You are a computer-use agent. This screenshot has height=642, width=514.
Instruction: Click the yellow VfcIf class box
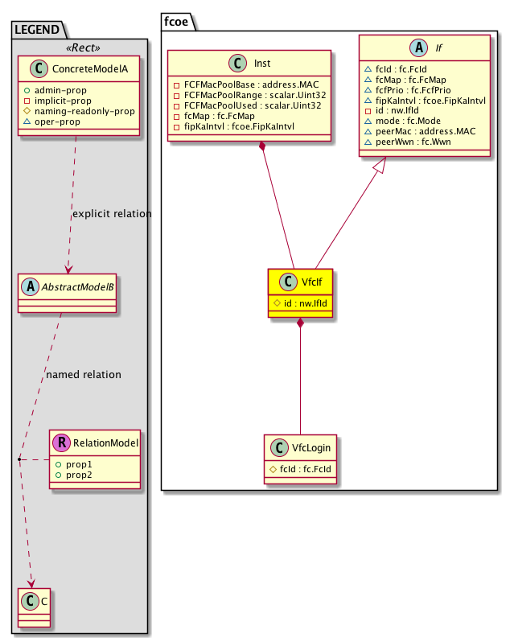tap(300, 293)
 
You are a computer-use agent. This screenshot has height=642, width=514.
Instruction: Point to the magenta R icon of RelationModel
tap(60, 442)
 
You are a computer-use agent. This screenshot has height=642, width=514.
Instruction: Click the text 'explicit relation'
tap(112, 214)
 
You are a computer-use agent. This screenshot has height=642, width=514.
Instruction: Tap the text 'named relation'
tap(84, 374)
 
